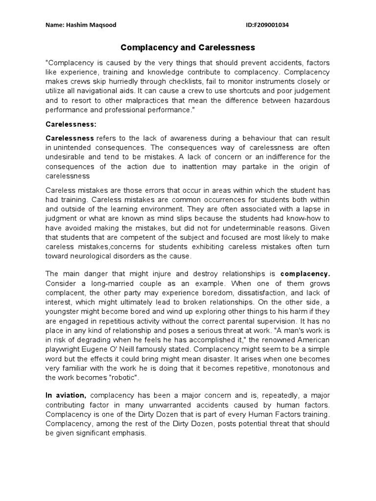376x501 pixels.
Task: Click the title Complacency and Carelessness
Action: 188,47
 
